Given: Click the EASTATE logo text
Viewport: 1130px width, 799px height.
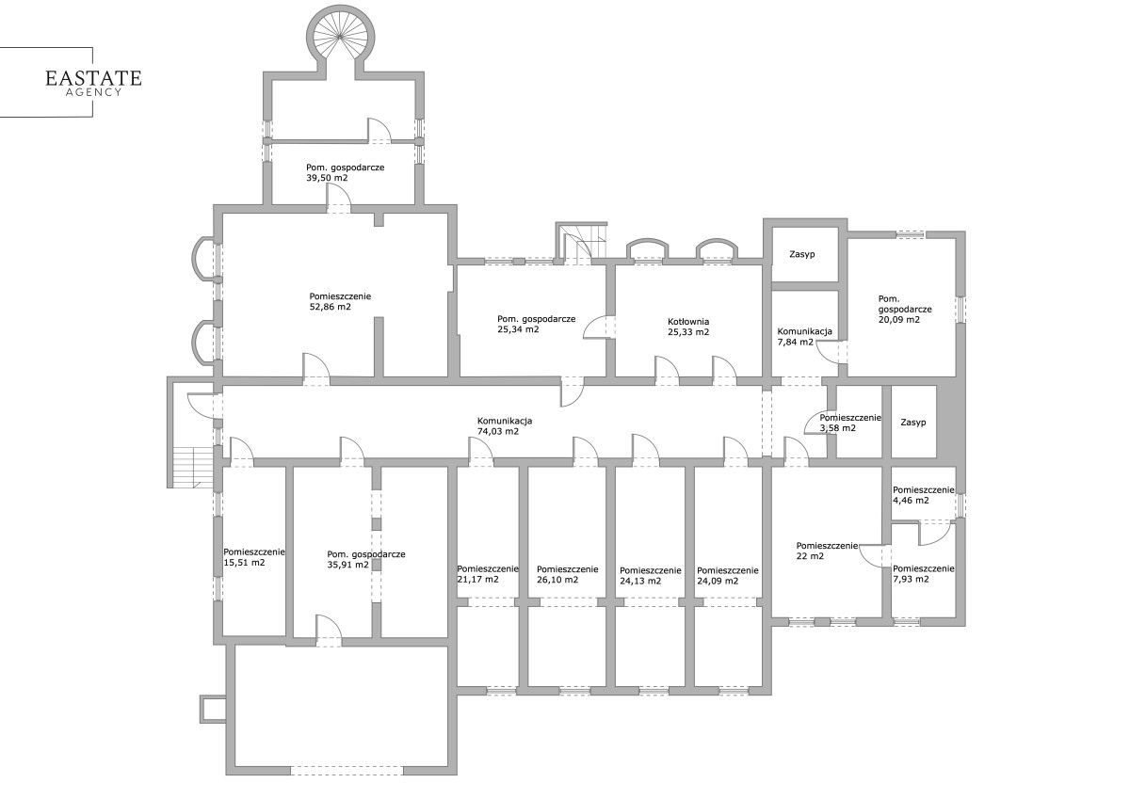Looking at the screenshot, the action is point(93,78).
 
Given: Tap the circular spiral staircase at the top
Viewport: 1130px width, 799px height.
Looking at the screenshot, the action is point(341,38).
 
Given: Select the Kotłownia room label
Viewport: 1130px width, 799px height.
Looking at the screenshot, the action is point(688,322).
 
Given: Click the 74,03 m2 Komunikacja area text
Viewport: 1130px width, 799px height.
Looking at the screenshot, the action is point(497,432).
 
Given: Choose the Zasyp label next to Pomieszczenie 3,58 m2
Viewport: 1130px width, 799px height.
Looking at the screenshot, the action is point(913,423).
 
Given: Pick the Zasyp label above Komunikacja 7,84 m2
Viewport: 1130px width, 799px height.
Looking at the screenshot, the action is point(802,255).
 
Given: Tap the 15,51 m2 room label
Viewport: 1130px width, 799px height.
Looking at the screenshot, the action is point(244,563).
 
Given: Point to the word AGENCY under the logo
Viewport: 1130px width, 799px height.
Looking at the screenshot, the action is point(94,92).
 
